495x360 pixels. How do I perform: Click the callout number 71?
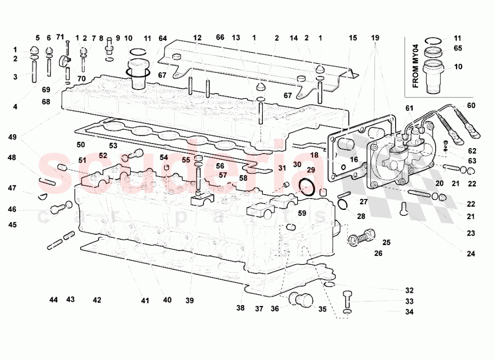(60, 37)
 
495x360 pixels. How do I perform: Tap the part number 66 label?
(220, 37)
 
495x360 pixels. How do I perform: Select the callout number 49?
(12, 136)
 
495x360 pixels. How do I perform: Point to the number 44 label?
(53, 300)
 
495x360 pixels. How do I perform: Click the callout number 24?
(470, 254)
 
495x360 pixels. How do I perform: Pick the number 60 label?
(471, 105)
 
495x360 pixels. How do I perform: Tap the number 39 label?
(190, 301)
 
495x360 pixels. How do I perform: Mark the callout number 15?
(352, 38)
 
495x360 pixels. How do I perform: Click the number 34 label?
(409, 312)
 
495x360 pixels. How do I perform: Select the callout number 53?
(113, 146)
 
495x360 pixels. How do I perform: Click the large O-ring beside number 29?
(307, 188)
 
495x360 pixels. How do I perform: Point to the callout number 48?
(12, 158)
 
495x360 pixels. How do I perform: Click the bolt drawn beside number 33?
(347, 299)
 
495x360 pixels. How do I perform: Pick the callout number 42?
(97, 300)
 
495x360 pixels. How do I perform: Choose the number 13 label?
(236, 38)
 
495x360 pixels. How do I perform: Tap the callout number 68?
(46, 102)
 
